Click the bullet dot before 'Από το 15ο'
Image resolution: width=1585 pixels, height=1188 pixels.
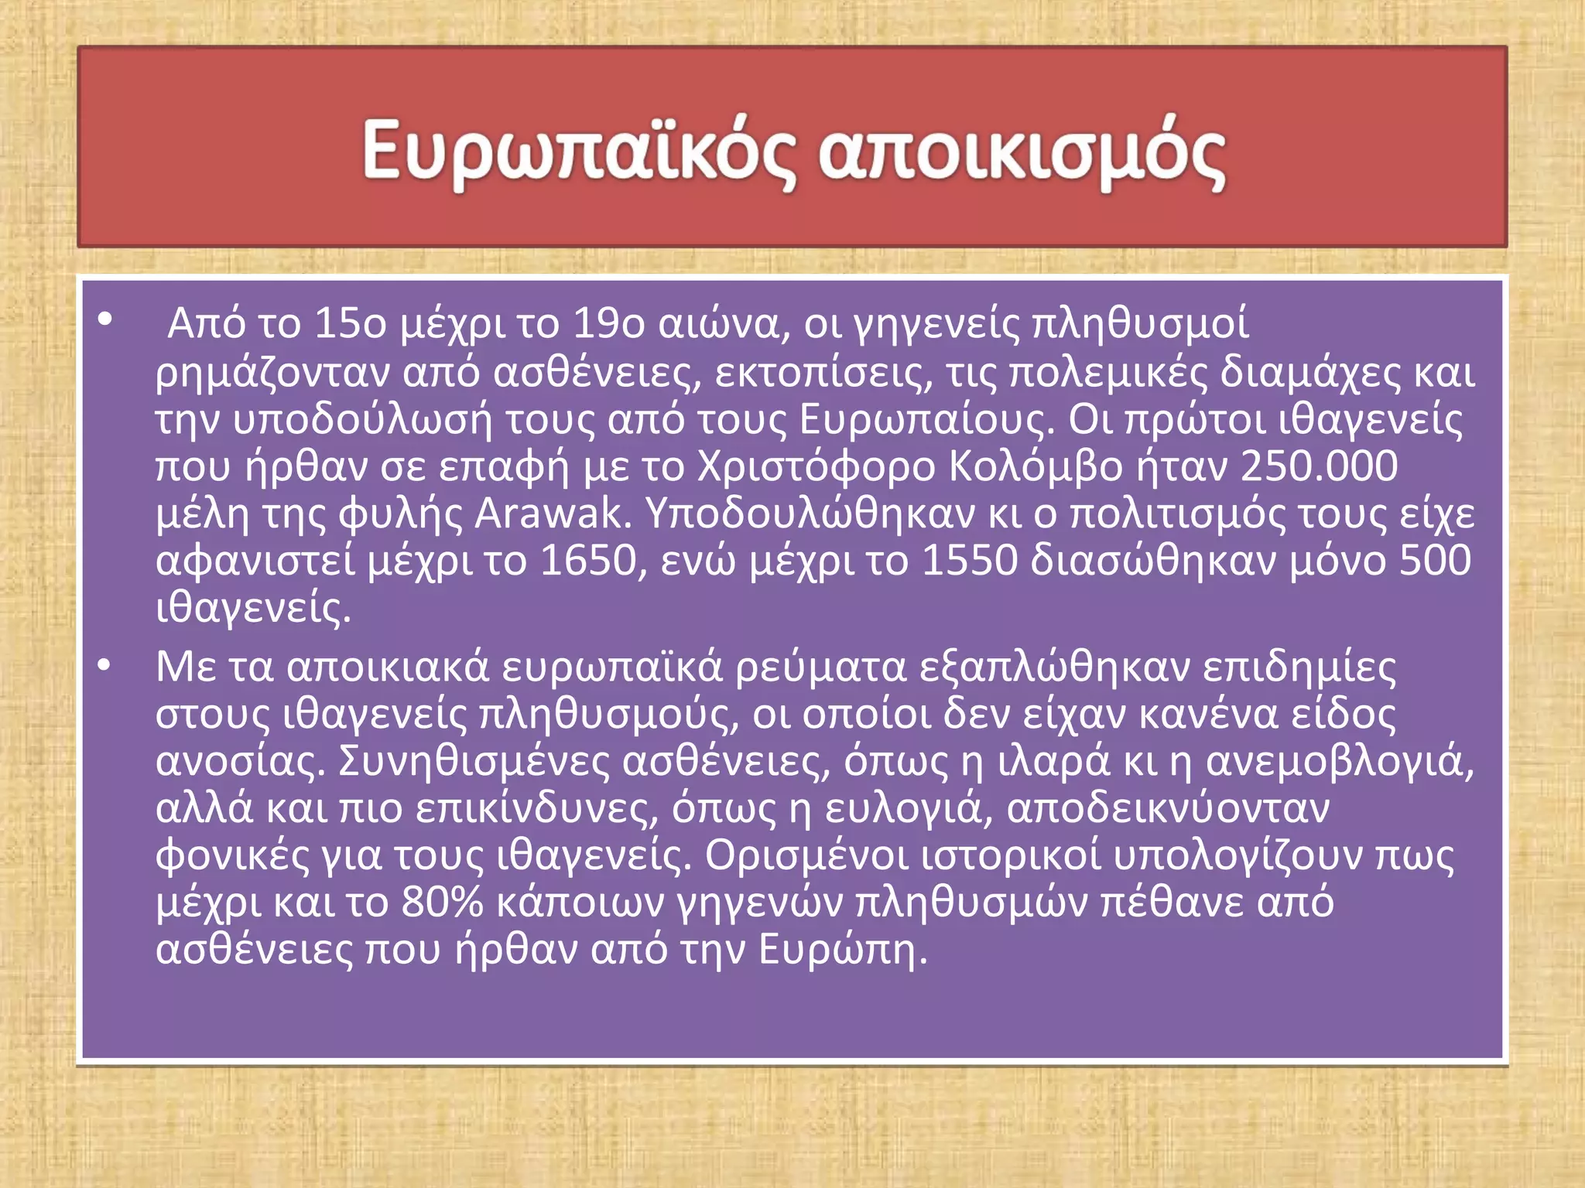[105, 319]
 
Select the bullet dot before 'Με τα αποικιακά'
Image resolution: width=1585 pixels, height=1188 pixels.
[105, 664]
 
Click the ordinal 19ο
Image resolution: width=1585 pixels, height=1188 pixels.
[609, 323]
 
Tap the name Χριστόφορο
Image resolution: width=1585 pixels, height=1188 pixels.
[816, 466]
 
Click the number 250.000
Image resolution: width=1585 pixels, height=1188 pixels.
[1319, 466]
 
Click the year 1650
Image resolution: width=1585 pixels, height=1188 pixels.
[587, 561]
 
